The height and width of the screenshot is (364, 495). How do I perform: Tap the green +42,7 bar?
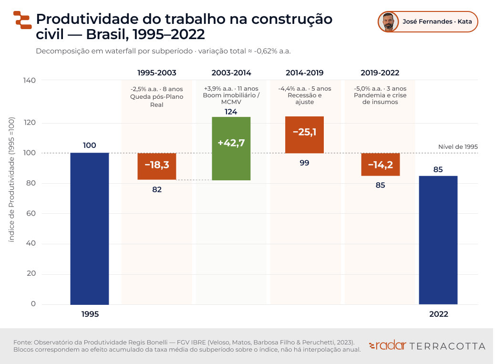pyautogui.click(x=231, y=148)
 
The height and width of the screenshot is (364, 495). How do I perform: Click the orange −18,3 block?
pyautogui.click(x=157, y=166)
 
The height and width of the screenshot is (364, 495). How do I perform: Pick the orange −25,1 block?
pyautogui.click(x=304, y=135)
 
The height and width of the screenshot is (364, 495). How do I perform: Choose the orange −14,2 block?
pyautogui.click(x=380, y=165)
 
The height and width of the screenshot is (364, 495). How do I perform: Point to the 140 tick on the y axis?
pyautogui.click(x=30, y=80)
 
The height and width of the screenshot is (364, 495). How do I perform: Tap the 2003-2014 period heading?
pyautogui.click(x=231, y=73)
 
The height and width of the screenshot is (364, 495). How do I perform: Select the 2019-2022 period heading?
pyautogui.click(x=380, y=73)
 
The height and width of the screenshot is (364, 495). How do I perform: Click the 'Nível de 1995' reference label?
pyautogui.click(x=458, y=147)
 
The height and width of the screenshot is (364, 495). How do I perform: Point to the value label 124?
pyautogui.click(x=231, y=112)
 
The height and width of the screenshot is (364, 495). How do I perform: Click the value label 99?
pyautogui.click(x=304, y=163)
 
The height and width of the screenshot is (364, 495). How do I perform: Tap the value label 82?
pyautogui.click(x=157, y=189)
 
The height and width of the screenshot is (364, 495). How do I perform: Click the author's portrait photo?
pyautogui.click(x=388, y=22)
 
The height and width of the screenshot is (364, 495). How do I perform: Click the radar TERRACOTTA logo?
pyautogui.click(x=427, y=346)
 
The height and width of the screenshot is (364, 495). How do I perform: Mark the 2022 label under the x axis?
pyautogui.click(x=438, y=314)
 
